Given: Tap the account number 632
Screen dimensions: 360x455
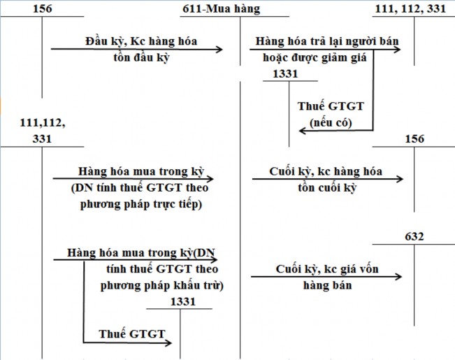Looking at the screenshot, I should pyautogui.click(x=414, y=236).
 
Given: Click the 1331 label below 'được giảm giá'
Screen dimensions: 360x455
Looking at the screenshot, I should pyautogui.click(x=287, y=73).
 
